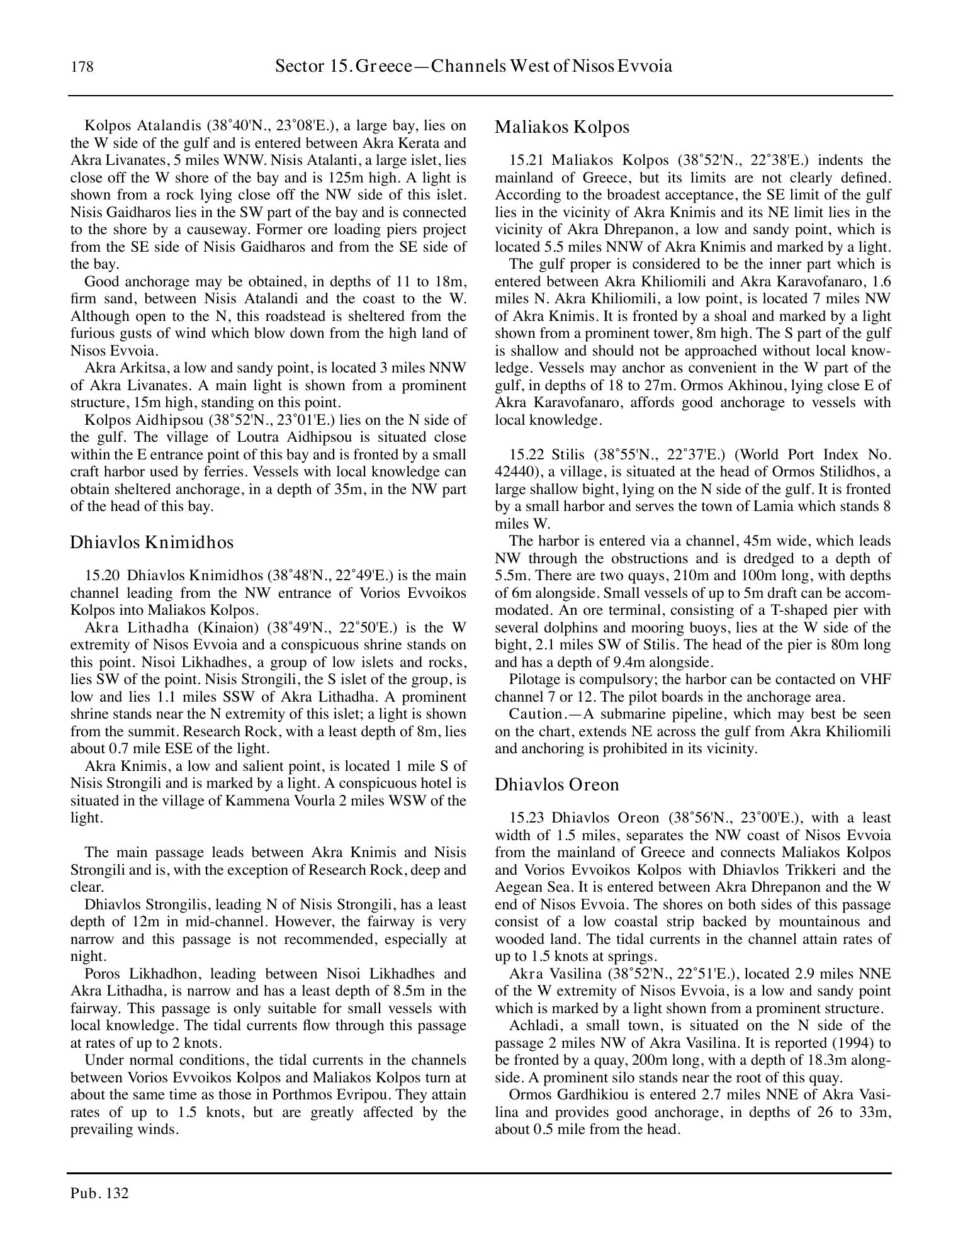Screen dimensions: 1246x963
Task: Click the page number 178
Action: pos(82,67)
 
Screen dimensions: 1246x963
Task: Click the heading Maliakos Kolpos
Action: pos(561,127)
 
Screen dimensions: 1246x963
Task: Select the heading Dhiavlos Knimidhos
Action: pos(151,542)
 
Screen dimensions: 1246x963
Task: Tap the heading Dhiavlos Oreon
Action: pos(556,785)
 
